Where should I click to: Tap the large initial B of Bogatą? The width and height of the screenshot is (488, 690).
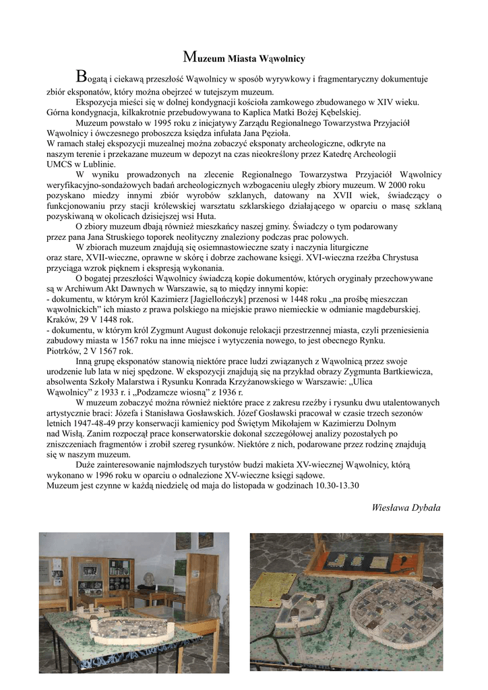point(81,75)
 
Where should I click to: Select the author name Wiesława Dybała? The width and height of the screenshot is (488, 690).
point(406,507)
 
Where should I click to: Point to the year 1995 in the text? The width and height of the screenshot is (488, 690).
point(144,123)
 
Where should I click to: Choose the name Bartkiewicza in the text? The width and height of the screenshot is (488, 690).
point(403,371)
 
